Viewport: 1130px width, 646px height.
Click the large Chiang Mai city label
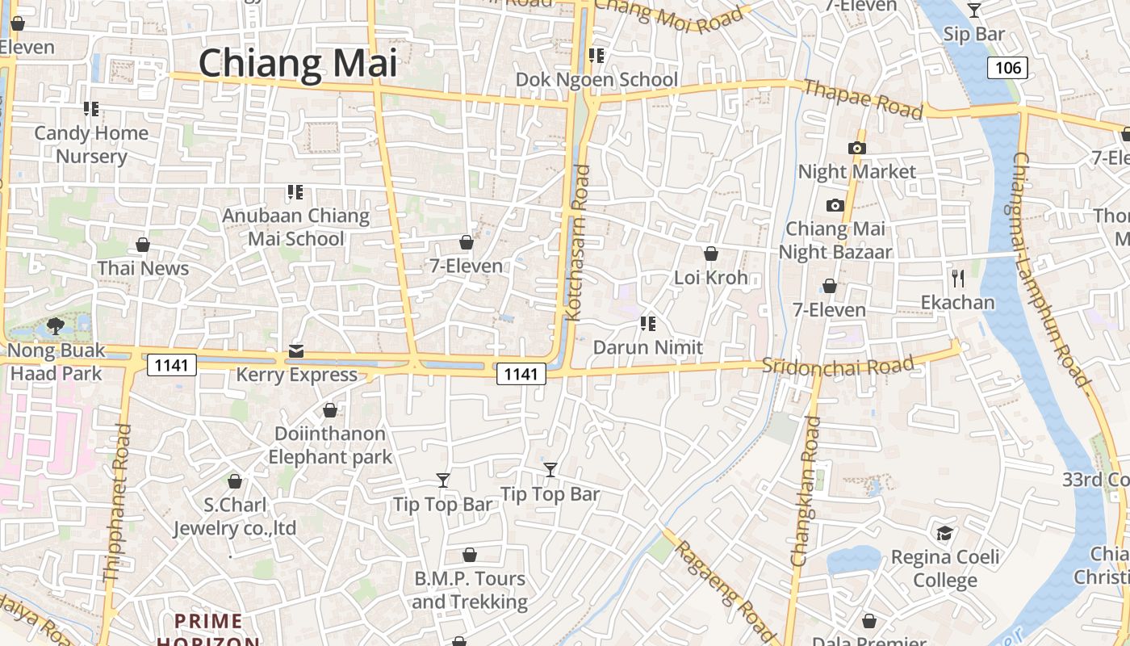(298, 63)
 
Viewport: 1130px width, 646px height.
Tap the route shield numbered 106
(1008, 68)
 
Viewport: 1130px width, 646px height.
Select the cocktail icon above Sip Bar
(974, 10)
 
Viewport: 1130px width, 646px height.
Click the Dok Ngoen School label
(596, 79)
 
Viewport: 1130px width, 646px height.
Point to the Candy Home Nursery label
(91, 145)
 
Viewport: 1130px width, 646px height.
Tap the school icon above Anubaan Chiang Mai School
(295, 192)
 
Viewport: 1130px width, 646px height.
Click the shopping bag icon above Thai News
(143, 244)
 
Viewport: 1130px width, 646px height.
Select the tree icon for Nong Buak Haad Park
(56, 326)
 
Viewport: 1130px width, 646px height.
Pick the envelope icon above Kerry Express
(296, 351)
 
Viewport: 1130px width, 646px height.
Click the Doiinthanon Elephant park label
(330, 445)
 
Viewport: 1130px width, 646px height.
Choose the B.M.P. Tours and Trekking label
(470, 590)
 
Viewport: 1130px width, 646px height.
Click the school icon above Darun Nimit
(647, 324)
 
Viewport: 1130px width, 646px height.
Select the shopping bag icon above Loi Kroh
(711, 254)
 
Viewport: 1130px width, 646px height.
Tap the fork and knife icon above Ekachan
(958, 279)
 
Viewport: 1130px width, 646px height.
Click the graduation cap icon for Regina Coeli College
(944, 533)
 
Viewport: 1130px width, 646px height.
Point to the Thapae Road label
(863, 99)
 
